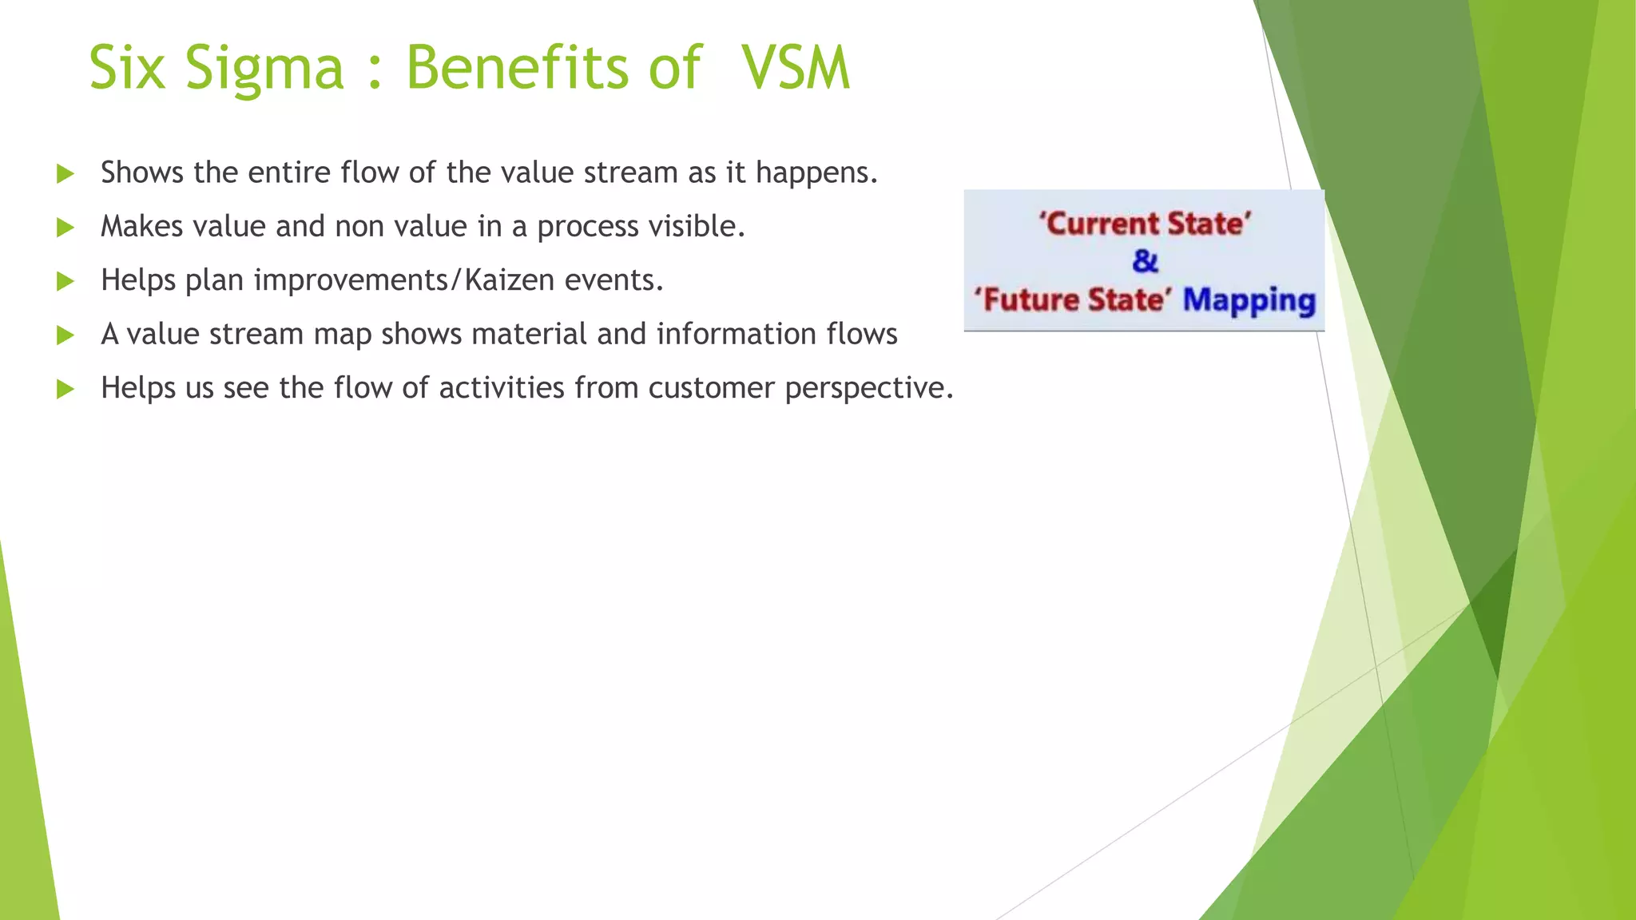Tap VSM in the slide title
796,69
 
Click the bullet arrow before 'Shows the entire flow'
66,174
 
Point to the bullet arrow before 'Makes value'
66,228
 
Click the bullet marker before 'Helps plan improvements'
66,282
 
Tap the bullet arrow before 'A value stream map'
66,335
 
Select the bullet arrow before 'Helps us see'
66,390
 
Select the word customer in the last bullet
711,389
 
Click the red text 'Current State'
1144,224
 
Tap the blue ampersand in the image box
1145,261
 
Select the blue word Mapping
1249,301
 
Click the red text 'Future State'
1072,300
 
